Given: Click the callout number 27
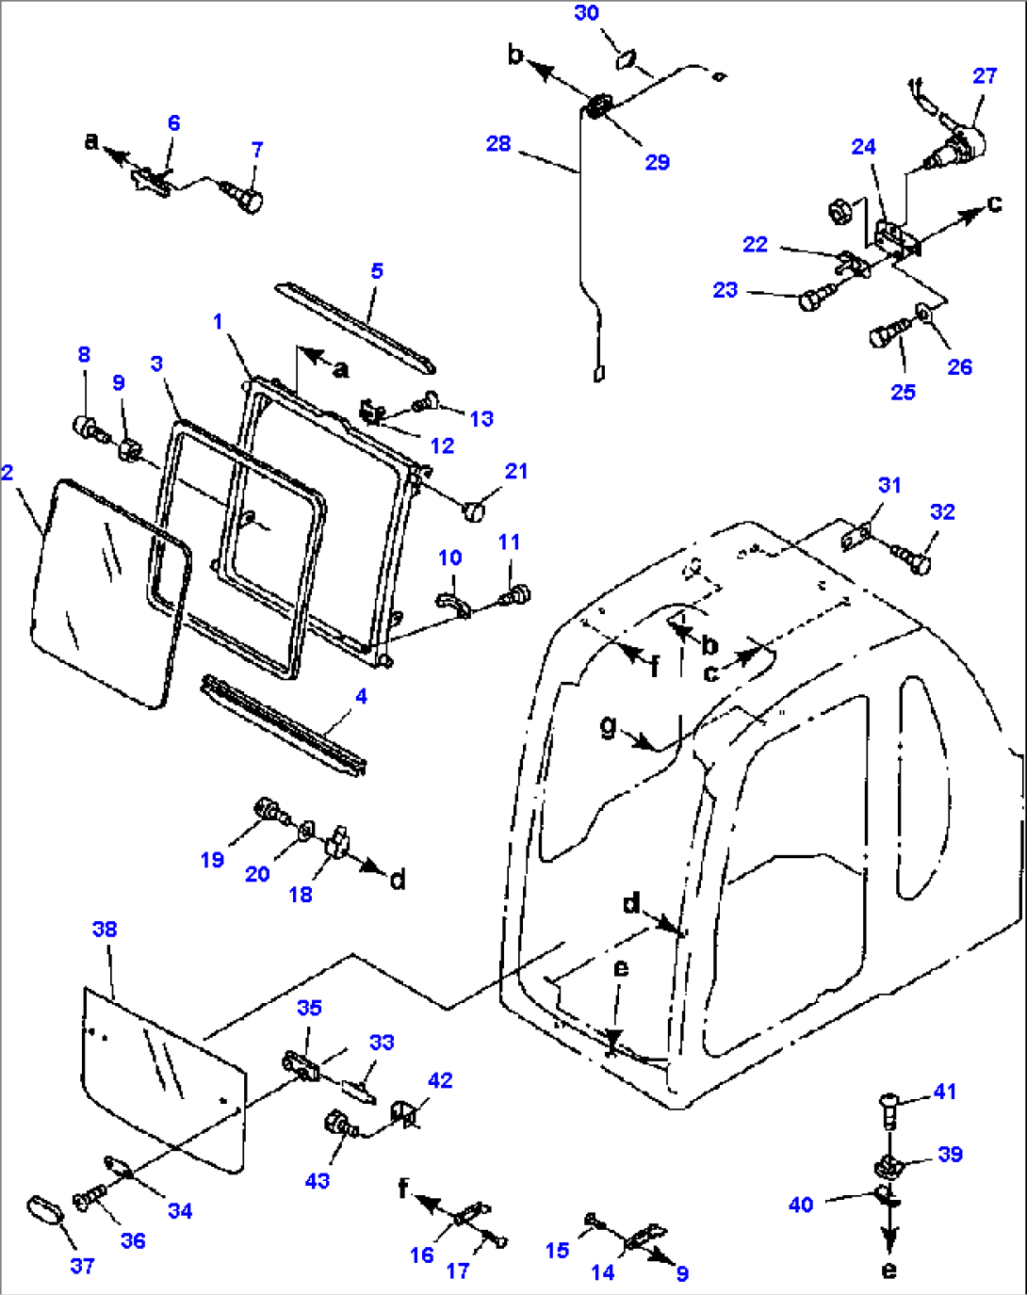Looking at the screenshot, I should [x=985, y=76].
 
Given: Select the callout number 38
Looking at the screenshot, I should [x=105, y=929].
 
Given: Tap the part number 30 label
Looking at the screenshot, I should [x=586, y=13].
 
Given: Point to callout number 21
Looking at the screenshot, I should [x=516, y=471].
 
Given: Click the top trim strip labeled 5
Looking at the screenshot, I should [x=355, y=326].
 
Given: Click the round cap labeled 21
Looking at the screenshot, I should [x=475, y=510].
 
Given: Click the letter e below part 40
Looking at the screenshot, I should [x=888, y=1270].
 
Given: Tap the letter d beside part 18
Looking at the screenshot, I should [x=398, y=880].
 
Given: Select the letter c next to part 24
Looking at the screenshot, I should [x=993, y=203].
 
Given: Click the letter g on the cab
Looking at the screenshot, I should [x=610, y=725].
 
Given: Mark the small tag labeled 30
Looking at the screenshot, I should [x=625, y=60].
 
